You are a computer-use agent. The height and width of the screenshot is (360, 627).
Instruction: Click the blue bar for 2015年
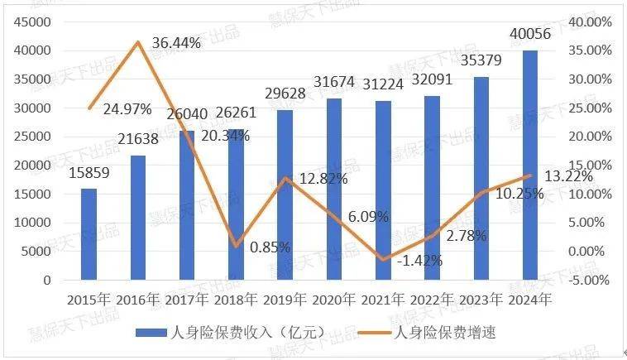pos(89,234)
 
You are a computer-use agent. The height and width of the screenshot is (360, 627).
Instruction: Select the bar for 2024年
pos(529,166)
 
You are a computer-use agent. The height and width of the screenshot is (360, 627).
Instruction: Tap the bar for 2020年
pos(333,190)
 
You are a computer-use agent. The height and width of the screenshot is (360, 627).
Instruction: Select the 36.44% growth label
pos(176,43)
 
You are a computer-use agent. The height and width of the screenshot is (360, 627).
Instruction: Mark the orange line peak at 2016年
pos(138,41)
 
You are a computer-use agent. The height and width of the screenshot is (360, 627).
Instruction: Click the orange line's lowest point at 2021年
pos(383,260)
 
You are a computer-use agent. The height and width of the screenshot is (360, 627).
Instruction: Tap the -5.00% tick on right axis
pos(590,280)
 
